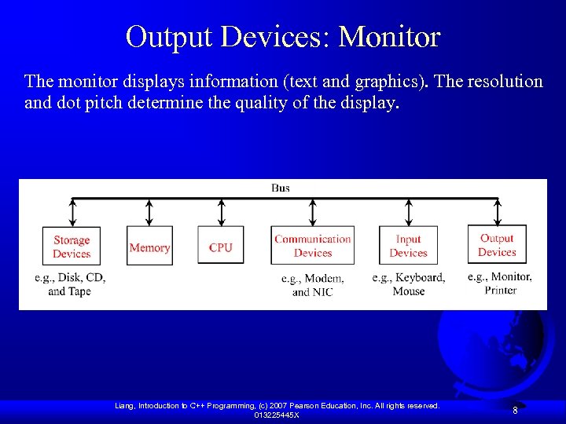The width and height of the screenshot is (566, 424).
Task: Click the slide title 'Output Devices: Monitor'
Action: coord(283,36)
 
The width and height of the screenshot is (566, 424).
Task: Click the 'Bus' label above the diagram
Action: coord(281,188)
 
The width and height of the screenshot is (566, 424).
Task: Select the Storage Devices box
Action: coord(72,247)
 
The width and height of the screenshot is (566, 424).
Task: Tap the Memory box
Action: coord(149,247)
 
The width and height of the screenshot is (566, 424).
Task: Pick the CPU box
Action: coord(221,247)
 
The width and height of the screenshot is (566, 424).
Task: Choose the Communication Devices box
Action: coord(313,246)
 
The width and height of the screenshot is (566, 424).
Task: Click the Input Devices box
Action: coord(408,246)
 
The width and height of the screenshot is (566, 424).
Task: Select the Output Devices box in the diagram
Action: coord(497,245)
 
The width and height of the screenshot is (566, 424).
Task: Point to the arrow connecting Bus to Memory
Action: coord(149,211)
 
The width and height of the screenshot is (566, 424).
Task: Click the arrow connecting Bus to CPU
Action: coord(221,211)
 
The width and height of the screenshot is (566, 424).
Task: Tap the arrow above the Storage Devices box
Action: coord(72,211)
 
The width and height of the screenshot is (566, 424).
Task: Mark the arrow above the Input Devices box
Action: coord(408,211)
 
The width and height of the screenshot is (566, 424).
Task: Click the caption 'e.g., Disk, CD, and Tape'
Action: coord(70,284)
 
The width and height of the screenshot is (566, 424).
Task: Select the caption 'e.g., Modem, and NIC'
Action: coord(313,285)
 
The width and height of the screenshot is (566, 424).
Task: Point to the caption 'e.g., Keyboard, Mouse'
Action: coord(408,284)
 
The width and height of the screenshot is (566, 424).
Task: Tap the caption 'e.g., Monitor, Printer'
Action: coord(500,283)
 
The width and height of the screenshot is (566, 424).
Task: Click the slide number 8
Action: coord(515,411)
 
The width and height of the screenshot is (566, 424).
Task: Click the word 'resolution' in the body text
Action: coord(502,82)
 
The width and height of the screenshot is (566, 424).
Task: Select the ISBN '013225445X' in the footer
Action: coord(276,415)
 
